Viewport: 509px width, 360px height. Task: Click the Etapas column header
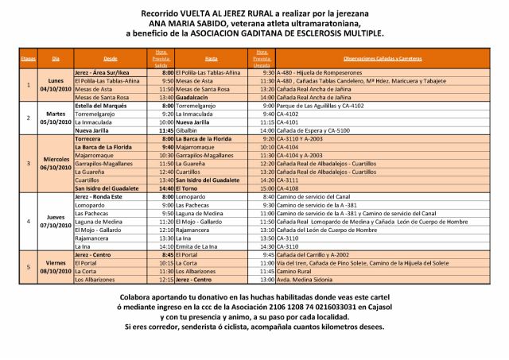click(x=28, y=59)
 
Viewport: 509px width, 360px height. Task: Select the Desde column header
click(x=110, y=59)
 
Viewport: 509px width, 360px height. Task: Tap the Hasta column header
click(x=212, y=59)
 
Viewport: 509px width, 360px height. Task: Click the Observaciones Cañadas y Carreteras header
click(x=382, y=59)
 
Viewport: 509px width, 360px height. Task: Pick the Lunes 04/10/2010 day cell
click(x=56, y=85)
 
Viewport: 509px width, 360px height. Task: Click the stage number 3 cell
click(x=28, y=163)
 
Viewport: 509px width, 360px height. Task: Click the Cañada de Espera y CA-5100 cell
click(x=314, y=130)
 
